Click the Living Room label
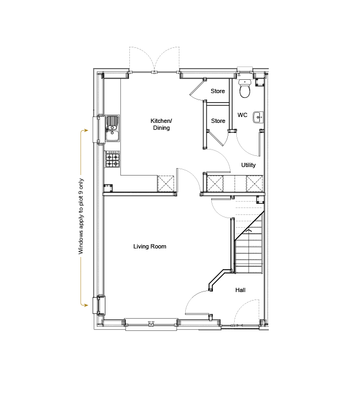150,246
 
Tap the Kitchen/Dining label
161,124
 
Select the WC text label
242,115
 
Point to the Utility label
249,165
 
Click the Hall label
240,290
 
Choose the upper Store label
218,91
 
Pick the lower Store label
218,121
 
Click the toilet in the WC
245,88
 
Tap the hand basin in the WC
258,118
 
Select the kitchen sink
112,128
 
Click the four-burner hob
113,159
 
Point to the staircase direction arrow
249,230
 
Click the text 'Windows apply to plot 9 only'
81,217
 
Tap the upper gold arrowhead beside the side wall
86,130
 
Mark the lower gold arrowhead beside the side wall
86,305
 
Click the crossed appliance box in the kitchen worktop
166,184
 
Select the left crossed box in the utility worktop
215,184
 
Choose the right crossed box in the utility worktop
254,184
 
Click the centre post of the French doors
154,72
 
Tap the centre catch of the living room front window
151,323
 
